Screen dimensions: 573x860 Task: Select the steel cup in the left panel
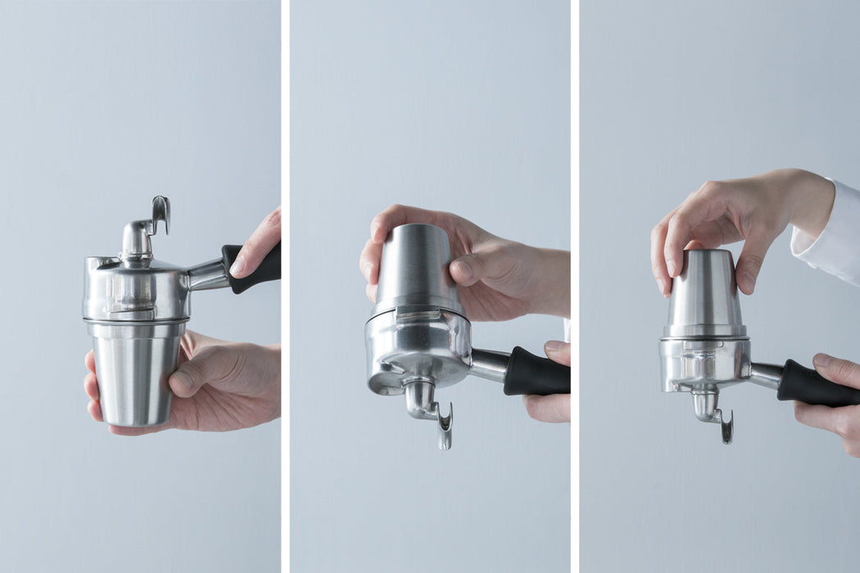point(134,372)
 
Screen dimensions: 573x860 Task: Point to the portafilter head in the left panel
point(135,291)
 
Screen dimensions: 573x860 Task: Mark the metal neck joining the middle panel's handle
point(488,363)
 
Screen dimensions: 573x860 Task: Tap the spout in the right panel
point(713,413)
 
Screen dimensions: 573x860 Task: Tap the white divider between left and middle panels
point(285,286)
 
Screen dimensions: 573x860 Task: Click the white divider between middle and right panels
point(575,286)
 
